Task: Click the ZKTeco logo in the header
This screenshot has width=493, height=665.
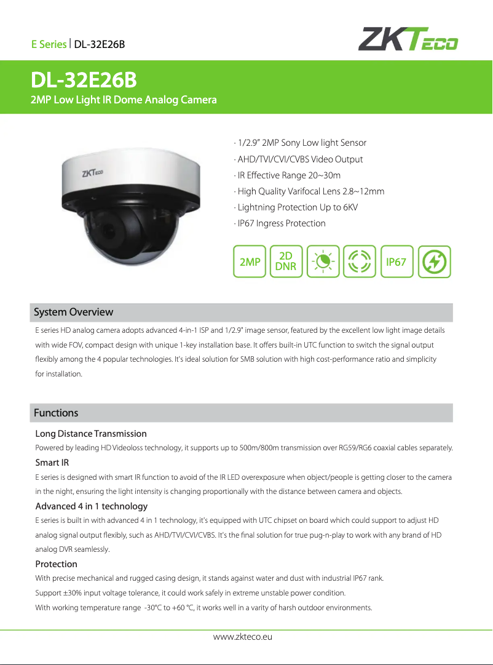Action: point(408,39)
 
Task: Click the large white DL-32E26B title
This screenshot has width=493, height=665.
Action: point(84,81)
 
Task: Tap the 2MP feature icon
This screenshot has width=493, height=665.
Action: point(250,261)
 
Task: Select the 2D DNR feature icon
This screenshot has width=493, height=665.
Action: point(286,261)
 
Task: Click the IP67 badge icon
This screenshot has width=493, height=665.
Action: point(396,261)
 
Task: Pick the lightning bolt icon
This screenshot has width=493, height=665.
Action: point(435,261)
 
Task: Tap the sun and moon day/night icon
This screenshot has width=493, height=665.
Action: point(323,261)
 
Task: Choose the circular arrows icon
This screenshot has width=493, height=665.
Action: point(359,261)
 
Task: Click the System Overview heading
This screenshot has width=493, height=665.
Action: point(73,312)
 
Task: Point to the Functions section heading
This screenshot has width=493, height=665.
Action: point(56,412)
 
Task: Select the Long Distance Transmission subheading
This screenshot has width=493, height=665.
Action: point(91,434)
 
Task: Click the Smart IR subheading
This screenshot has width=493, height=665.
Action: point(52,463)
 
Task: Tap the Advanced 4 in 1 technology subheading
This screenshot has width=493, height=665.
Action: point(92,506)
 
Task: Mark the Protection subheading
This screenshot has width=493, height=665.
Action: point(57,564)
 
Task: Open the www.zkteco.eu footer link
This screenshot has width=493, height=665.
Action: point(242,637)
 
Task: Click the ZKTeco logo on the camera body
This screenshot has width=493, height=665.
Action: point(93,174)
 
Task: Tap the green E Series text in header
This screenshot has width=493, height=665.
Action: point(49,44)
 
